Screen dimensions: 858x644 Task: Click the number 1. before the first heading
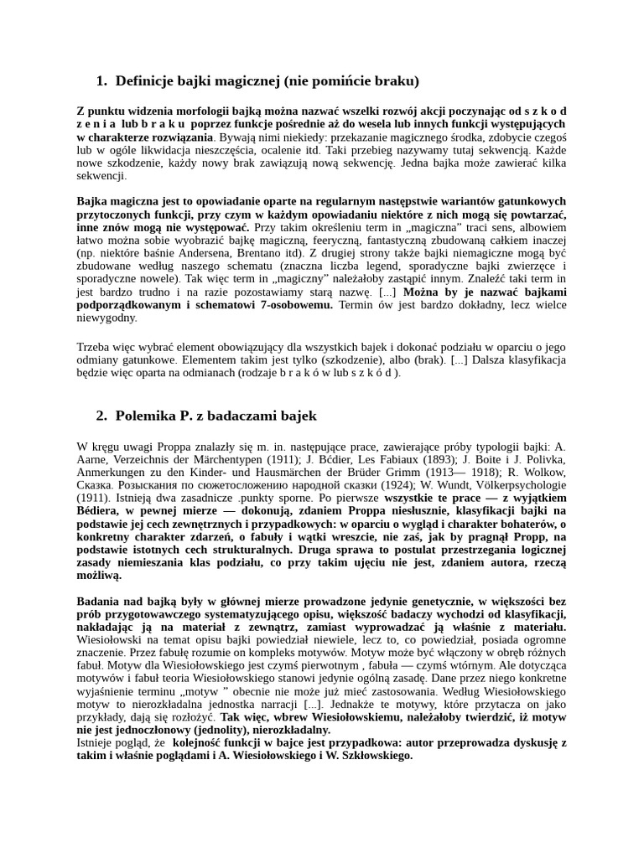(101, 81)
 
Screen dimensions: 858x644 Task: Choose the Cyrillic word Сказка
(94, 485)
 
